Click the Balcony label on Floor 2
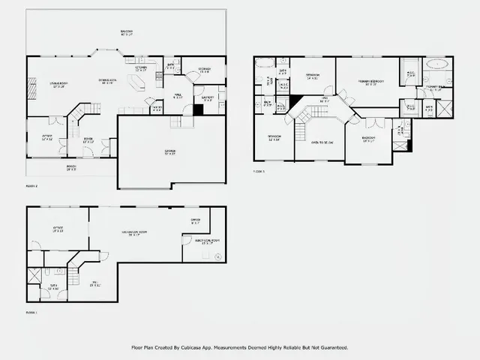tap(127, 32)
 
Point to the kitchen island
tap(137, 84)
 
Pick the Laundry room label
tap(208, 97)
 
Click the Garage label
tap(170, 152)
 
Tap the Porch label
tap(71, 167)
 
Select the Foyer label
tap(88, 139)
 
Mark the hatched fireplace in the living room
tap(31, 91)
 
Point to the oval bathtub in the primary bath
tap(436, 76)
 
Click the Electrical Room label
tap(206, 241)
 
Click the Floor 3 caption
tap(259, 172)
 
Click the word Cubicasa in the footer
tap(199, 348)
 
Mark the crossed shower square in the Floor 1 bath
tap(34, 275)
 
